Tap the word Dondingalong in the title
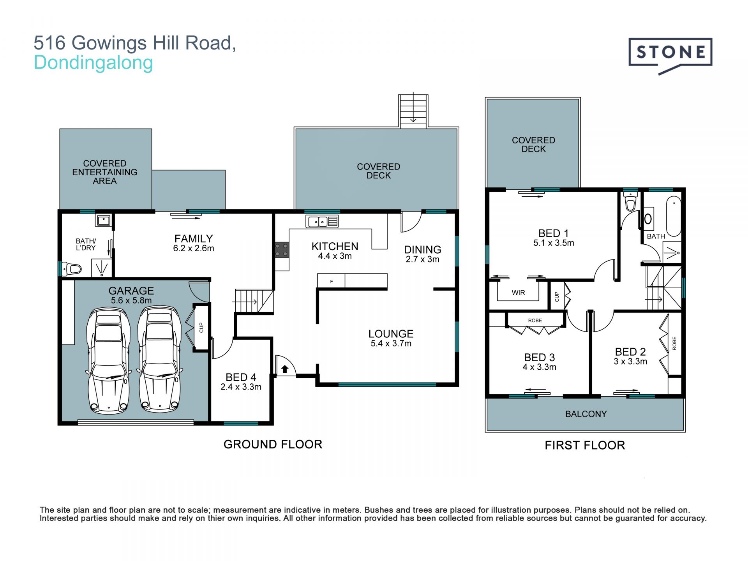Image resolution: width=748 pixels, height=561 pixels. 93,63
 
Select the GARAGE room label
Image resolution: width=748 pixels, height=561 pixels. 131,291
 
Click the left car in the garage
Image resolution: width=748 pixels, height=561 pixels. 108,360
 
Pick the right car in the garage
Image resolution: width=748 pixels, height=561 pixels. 160,359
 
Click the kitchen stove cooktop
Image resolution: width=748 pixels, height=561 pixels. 282,250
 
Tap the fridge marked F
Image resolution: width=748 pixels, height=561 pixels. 331,281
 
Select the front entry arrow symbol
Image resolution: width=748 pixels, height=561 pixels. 285,369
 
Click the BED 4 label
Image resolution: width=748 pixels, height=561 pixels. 241,377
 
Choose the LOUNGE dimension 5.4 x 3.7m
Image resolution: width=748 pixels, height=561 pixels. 391,344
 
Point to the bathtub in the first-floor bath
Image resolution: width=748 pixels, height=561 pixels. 674,216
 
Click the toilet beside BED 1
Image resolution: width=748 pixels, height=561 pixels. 630,201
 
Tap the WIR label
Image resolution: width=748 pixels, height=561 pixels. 518,293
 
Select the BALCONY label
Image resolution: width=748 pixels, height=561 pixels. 586,414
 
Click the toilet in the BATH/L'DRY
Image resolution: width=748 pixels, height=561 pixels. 72,269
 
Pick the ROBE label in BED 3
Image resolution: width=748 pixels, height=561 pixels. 535,320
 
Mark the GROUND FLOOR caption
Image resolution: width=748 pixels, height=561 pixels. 273,444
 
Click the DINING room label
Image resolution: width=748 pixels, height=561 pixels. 422,249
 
